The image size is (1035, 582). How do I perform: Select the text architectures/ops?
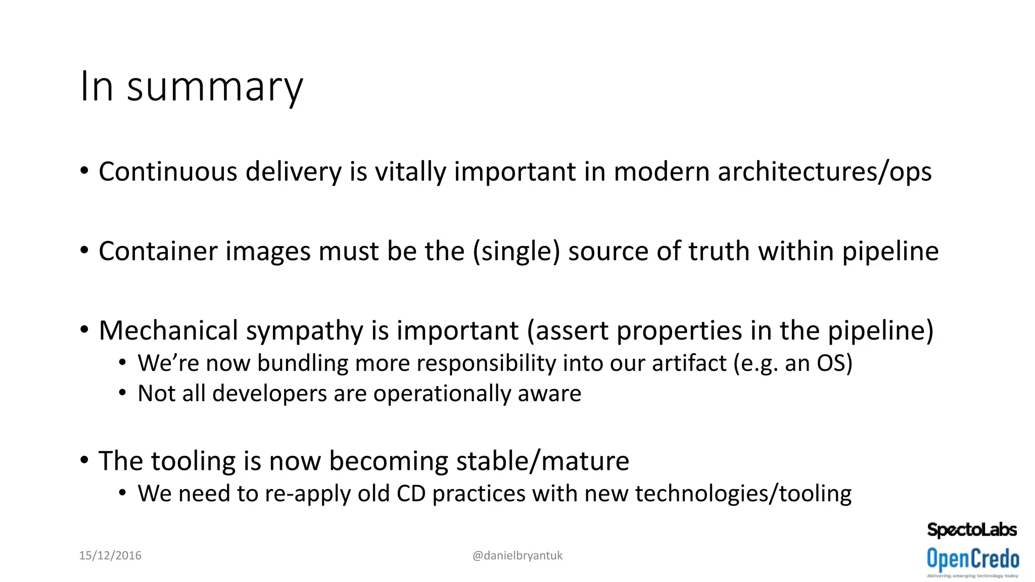[824, 172]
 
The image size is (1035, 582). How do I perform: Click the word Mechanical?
[168, 331]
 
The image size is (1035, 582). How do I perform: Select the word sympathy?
[305, 331]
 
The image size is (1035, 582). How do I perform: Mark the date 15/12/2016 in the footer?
[110, 556]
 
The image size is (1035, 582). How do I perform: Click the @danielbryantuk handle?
[517, 556]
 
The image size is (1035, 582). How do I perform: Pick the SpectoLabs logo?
[972, 530]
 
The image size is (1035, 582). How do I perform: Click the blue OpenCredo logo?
[973, 560]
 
